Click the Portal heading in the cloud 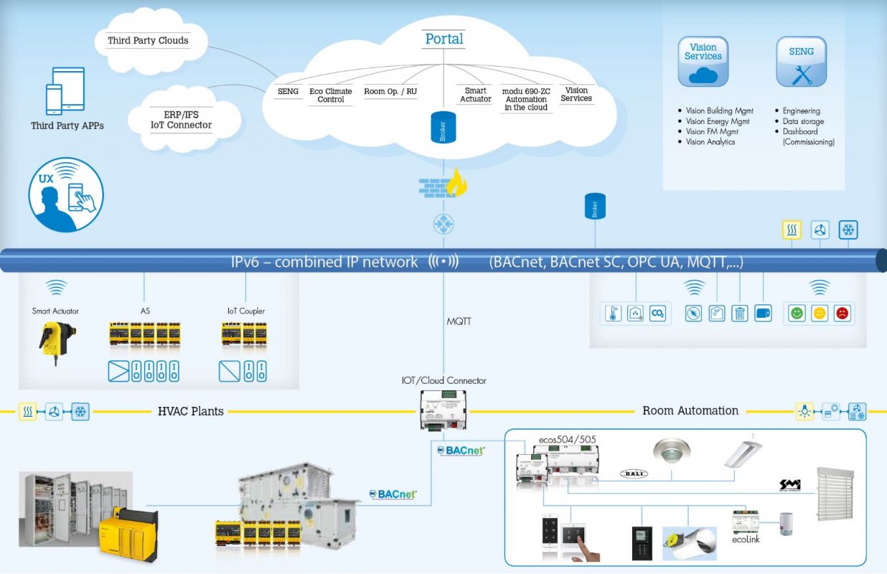tap(444, 39)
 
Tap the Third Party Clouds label tap(148, 40)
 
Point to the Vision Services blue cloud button tap(703, 62)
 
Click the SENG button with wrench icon tap(801, 62)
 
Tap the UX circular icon tap(66, 194)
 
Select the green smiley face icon tap(796, 314)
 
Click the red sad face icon tap(842, 314)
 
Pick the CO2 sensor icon tap(657, 314)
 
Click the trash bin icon tap(739, 314)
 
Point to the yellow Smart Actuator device tap(55, 341)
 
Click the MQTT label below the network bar tap(459, 321)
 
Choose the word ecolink tap(746, 539)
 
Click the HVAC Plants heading tap(190, 411)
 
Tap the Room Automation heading tap(690, 410)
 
